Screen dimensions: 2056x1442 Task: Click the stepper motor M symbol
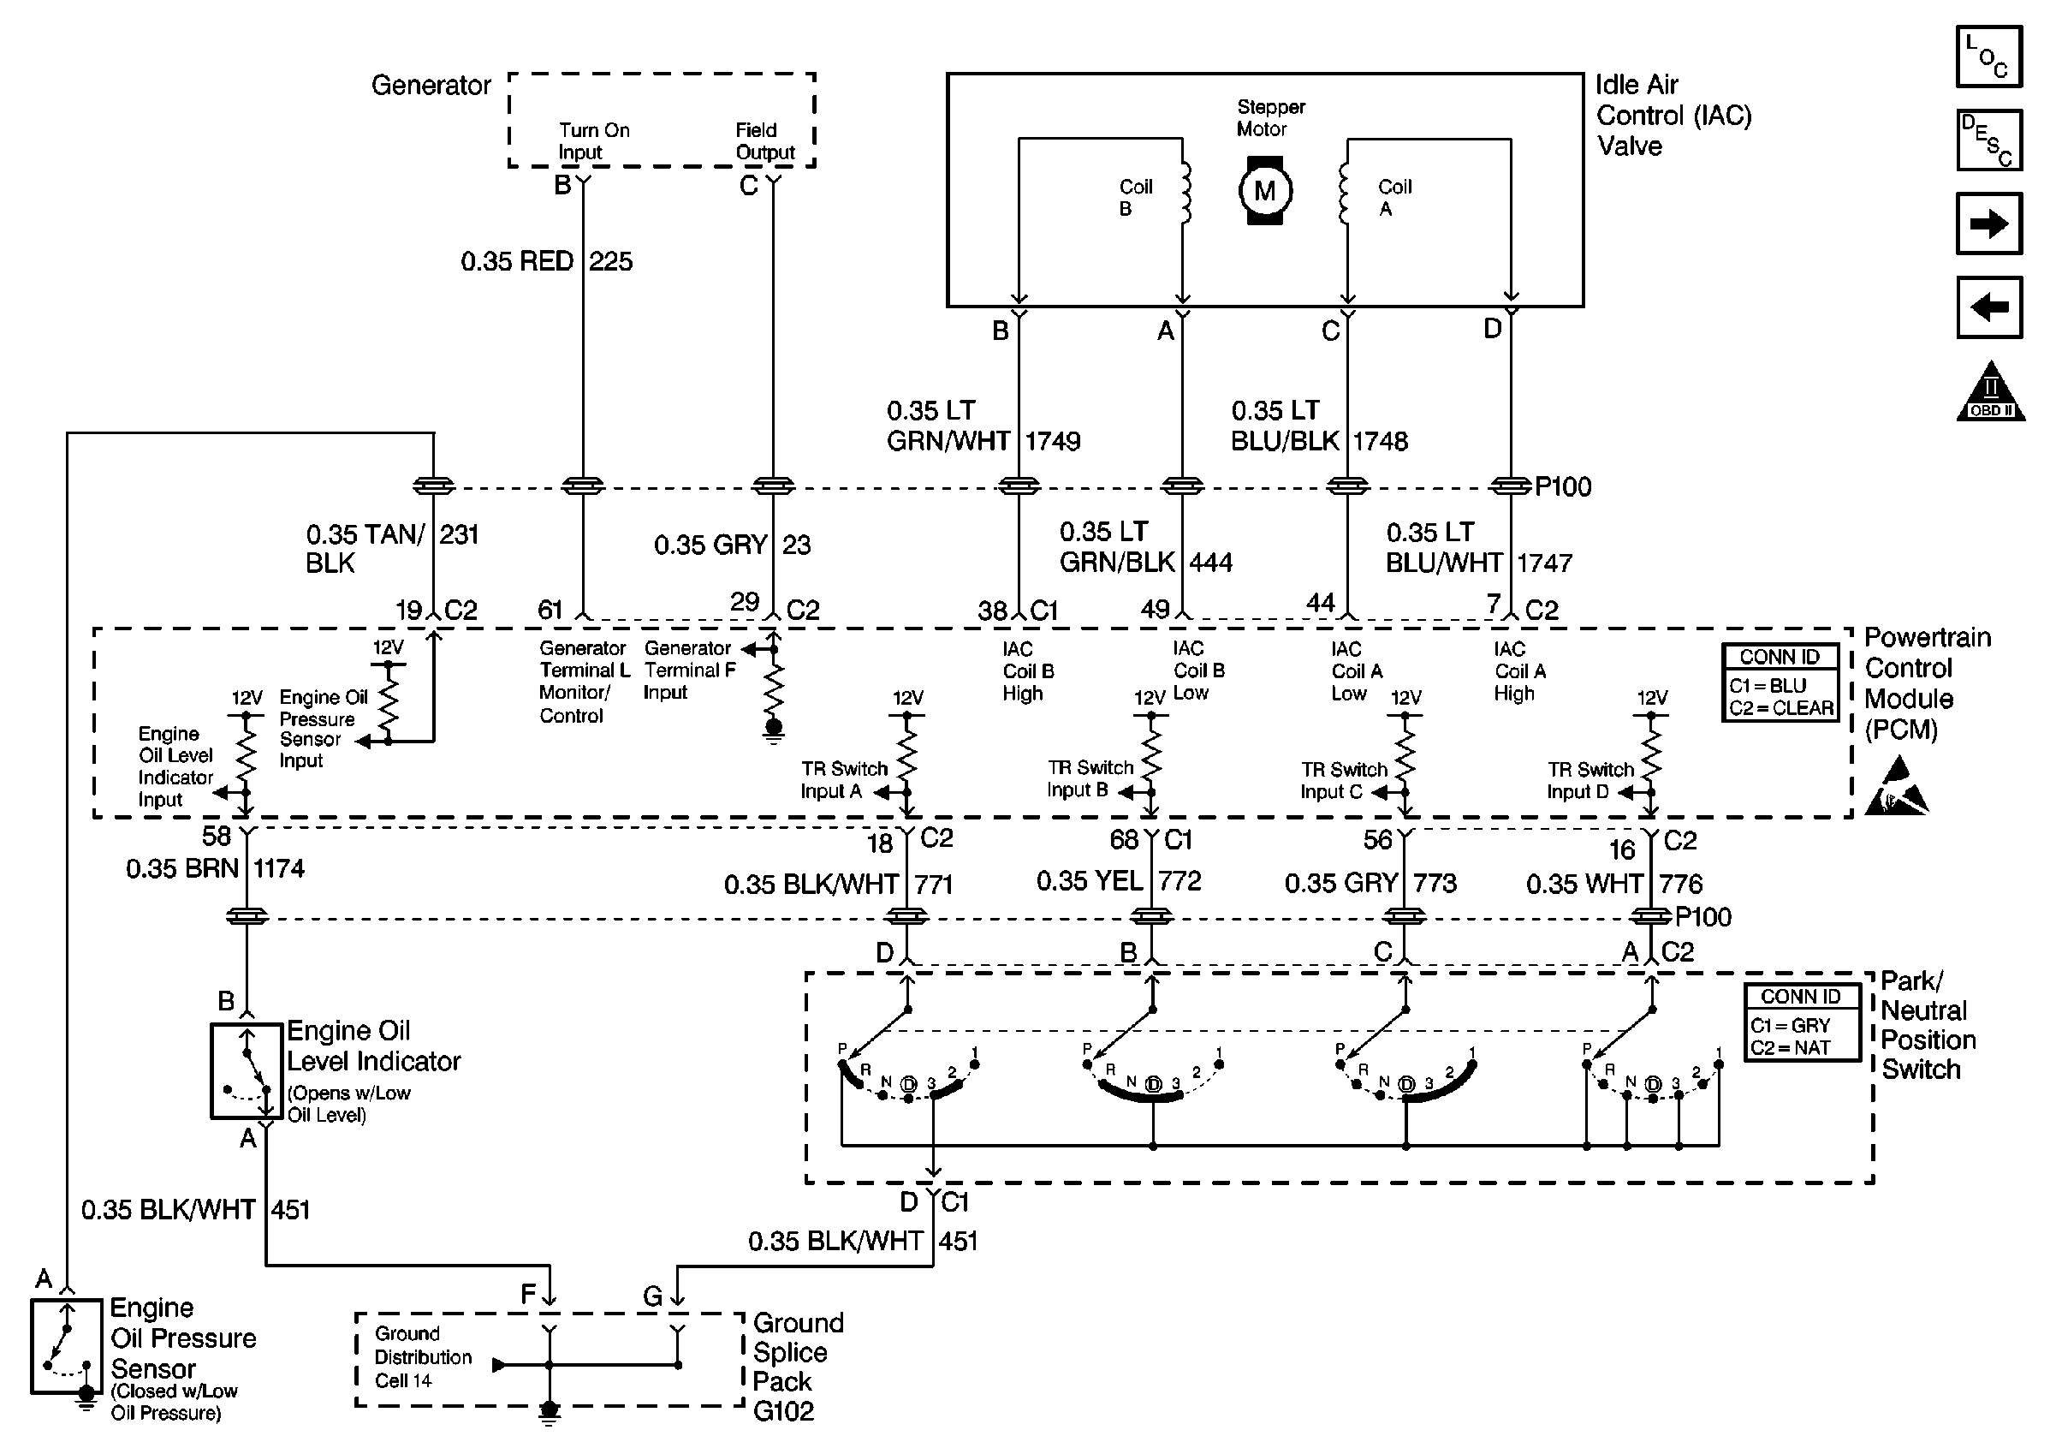click(x=1264, y=191)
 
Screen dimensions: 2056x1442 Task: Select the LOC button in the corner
click(x=1989, y=57)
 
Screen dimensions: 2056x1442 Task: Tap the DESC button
click(x=1989, y=140)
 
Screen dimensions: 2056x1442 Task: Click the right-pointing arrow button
click(x=1989, y=223)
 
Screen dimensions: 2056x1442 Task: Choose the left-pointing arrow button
click(x=1989, y=307)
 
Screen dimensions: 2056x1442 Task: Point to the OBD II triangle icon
click(x=1991, y=390)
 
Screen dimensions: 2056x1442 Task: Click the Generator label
click(x=431, y=85)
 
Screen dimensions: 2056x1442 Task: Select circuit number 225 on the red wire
click(x=610, y=261)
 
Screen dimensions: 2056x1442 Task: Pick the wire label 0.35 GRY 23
click(x=733, y=545)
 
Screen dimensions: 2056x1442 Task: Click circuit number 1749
click(x=1053, y=441)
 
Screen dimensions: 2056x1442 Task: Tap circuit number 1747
click(x=1545, y=563)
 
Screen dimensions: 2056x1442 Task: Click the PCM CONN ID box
click(x=1780, y=682)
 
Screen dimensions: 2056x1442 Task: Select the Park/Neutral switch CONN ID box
click(x=1802, y=1022)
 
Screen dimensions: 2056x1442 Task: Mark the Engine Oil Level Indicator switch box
click(x=247, y=1071)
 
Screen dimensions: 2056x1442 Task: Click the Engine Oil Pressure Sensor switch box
click(x=66, y=1346)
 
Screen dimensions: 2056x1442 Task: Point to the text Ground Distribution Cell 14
click(x=423, y=1357)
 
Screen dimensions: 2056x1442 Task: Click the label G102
click(x=783, y=1411)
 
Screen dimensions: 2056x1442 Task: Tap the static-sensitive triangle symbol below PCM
click(x=1897, y=787)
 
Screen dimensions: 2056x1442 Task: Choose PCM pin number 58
click(x=217, y=836)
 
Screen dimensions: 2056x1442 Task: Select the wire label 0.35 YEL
click(x=1090, y=880)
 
